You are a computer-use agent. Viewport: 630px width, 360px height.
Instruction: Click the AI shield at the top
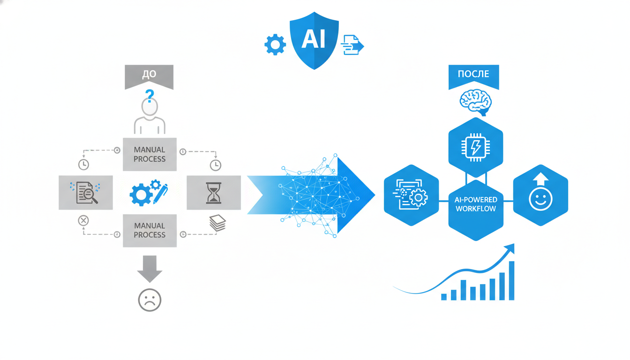pos(314,40)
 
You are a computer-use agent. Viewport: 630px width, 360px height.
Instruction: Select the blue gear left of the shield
pos(275,45)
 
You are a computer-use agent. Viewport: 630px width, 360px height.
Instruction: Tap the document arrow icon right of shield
pos(352,45)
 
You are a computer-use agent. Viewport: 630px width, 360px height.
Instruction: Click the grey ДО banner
pos(149,75)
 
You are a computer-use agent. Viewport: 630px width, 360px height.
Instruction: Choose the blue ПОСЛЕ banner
pos(473,75)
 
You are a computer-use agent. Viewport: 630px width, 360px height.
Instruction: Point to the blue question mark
pos(150,97)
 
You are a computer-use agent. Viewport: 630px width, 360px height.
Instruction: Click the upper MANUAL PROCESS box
pos(150,154)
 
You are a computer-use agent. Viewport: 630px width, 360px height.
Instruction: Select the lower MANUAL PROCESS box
pos(150,230)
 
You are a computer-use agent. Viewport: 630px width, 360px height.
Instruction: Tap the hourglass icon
pos(214,193)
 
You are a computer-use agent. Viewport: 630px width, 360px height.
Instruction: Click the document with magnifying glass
pos(86,193)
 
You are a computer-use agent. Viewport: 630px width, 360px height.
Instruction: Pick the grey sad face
pos(150,300)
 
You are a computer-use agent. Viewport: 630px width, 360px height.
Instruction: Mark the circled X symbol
pos(83,220)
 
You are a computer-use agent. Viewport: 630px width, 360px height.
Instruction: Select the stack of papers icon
pos(217,223)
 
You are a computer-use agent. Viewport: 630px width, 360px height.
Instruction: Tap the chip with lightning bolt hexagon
pos(475,147)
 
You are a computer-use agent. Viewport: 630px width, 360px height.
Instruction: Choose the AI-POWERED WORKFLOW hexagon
pos(475,204)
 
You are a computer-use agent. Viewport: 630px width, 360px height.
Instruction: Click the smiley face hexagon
pos(540,195)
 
